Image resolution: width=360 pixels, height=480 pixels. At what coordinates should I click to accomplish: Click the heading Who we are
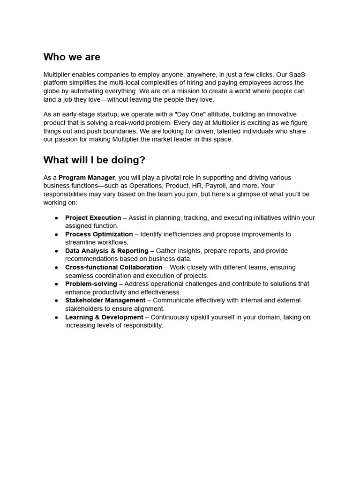pyautogui.click(x=72, y=57)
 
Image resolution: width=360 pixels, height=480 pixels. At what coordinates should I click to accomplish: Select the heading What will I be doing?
pyautogui.click(x=94, y=160)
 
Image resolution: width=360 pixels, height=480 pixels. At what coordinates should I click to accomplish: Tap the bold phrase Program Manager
pyautogui.click(x=87, y=178)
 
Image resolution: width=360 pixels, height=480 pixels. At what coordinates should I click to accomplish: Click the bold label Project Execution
pyautogui.click(x=93, y=218)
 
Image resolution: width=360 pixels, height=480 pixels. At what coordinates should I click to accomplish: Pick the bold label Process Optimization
pyautogui.click(x=99, y=234)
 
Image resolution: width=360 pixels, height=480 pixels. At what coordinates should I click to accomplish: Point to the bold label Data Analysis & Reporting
pyautogui.click(x=106, y=251)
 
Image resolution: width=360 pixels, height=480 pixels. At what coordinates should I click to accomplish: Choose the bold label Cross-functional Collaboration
pyautogui.click(x=113, y=267)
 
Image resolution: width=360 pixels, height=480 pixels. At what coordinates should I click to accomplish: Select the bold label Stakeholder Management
pyautogui.click(x=105, y=300)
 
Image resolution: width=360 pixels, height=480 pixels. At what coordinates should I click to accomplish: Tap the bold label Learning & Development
pyautogui.click(x=104, y=317)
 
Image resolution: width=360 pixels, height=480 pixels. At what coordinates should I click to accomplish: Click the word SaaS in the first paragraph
pyautogui.click(x=297, y=75)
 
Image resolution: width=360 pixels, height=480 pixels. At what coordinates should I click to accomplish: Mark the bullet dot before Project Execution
pyautogui.click(x=57, y=218)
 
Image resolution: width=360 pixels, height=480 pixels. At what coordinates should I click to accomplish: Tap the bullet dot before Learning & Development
pyautogui.click(x=57, y=317)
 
